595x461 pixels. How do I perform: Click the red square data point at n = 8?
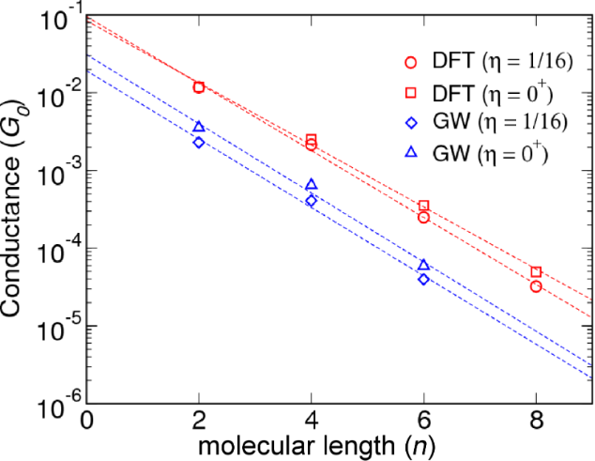(x=536, y=272)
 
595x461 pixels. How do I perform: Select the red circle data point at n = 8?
(x=536, y=286)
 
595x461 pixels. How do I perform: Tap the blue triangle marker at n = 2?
(x=199, y=127)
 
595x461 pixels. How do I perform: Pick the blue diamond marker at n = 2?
(x=199, y=143)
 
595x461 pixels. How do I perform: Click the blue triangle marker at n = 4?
(x=312, y=184)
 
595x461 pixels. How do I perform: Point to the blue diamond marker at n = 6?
(x=424, y=279)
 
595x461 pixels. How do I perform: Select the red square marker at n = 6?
(x=424, y=206)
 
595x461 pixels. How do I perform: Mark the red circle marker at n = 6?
(x=424, y=217)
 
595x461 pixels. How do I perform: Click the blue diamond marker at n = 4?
(x=312, y=201)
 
